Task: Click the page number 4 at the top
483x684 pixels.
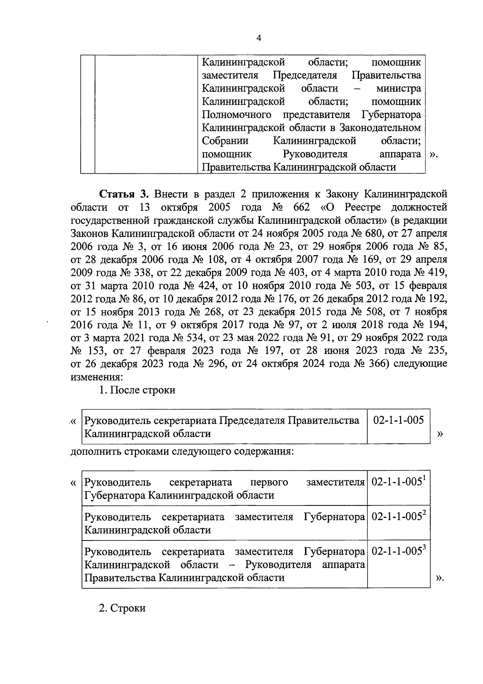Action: (x=259, y=38)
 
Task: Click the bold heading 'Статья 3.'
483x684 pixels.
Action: (x=124, y=194)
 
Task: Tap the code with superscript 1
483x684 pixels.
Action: (x=398, y=482)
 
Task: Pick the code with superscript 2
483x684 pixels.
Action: (x=398, y=517)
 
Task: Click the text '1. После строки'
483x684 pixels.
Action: (x=137, y=390)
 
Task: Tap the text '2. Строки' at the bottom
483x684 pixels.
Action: (x=122, y=608)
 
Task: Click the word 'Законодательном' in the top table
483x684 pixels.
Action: (x=380, y=128)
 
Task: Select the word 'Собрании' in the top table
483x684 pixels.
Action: (x=225, y=141)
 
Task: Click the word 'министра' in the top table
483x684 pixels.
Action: (x=398, y=89)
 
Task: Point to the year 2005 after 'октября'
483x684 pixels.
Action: (x=220, y=207)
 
